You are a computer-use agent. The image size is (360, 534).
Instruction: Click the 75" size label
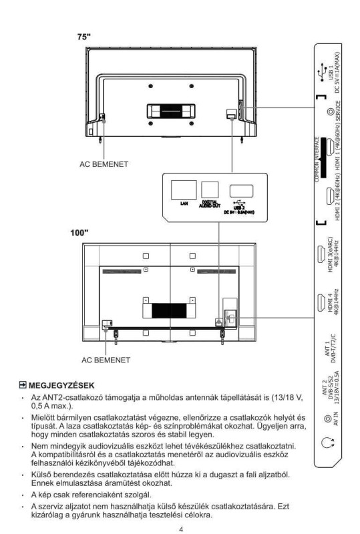84,37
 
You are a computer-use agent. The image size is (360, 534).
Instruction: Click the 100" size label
79,232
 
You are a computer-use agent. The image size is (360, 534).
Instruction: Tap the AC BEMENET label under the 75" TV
104,164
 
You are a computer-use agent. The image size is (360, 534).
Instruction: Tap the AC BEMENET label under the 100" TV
106,360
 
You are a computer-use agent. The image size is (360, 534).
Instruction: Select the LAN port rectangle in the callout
184,190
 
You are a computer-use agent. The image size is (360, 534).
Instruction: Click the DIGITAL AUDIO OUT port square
210,190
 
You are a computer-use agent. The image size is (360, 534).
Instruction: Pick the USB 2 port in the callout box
241,191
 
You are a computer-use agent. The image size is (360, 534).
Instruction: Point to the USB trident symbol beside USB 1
321,71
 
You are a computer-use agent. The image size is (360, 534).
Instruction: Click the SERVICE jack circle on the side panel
330,111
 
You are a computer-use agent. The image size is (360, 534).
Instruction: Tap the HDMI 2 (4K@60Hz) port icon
330,196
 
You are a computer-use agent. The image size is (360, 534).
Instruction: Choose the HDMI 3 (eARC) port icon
321,254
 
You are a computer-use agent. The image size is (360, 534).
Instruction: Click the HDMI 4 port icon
321,302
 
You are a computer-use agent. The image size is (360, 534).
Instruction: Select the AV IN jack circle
328,419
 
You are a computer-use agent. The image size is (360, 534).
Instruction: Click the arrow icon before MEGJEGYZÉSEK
23,385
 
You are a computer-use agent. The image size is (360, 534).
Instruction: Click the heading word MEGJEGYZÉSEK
61,386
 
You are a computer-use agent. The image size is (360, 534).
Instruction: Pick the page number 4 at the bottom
181,529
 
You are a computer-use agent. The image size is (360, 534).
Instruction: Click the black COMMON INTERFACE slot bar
323,158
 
